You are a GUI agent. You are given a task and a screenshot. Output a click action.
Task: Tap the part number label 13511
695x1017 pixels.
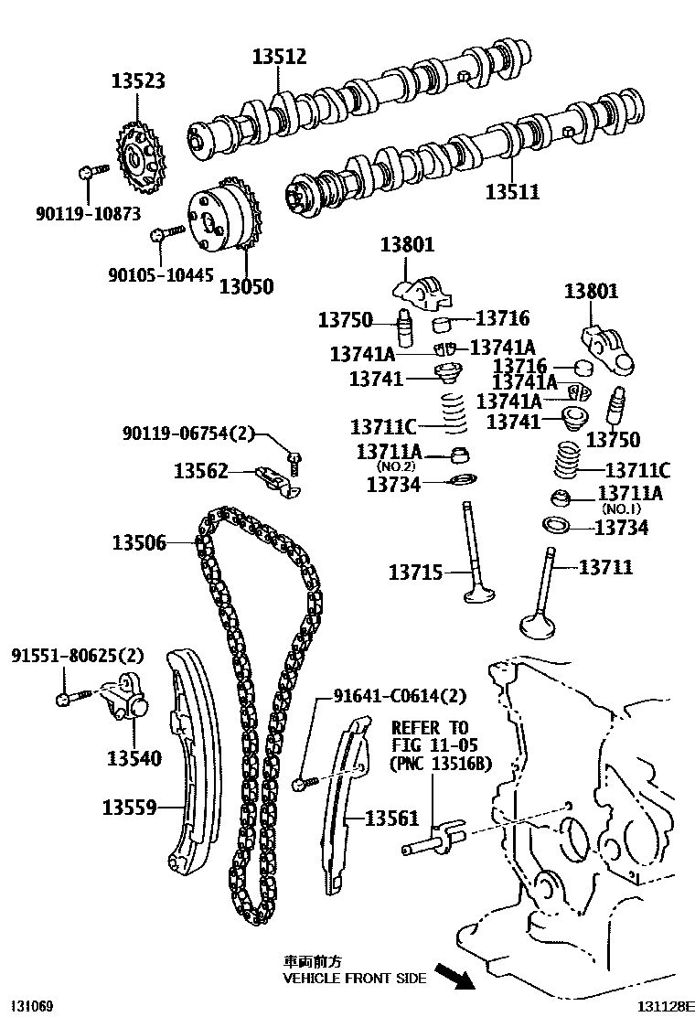512,192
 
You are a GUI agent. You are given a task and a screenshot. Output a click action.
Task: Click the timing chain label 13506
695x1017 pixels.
139,542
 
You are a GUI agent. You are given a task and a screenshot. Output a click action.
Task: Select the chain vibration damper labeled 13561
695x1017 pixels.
342,805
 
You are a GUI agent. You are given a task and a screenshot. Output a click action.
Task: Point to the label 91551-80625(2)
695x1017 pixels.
78,656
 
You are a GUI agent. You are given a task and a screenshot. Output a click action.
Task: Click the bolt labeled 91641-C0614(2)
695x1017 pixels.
305,783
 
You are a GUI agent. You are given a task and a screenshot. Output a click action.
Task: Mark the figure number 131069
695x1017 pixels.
31,1006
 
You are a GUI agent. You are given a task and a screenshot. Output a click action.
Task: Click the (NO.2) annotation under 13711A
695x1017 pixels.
389,466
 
